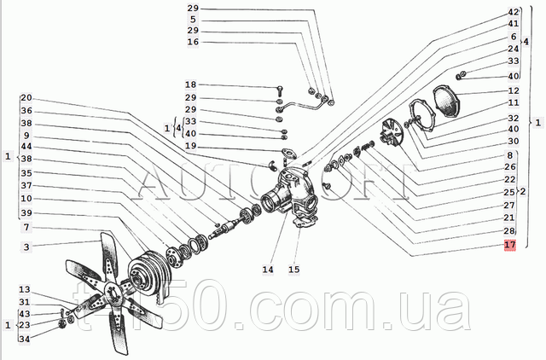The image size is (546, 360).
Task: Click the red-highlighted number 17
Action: (x=510, y=246)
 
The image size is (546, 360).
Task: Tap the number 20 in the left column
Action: (x=26, y=98)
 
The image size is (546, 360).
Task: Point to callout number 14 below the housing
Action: (x=268, y=270)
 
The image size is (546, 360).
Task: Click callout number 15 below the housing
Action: (x=294, y=270)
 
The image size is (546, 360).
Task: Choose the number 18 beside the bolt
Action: (x=191, y=85)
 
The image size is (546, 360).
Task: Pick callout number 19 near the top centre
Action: (x=191, y=147)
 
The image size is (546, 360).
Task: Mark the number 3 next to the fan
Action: (x=26, y=247)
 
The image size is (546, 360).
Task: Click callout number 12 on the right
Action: (x=514, y=91)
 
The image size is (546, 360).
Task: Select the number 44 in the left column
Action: (x=26, y=147)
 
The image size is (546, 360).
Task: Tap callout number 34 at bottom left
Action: (x=24, y=340)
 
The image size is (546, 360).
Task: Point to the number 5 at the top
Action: (x=193, y=20)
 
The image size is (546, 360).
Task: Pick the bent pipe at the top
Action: (x=305, y=105)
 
